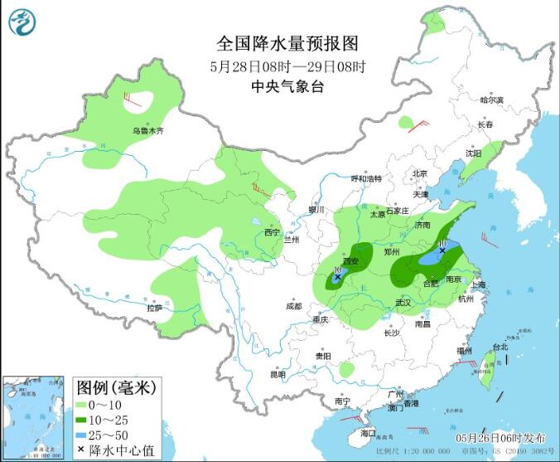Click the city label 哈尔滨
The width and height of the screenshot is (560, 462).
491,100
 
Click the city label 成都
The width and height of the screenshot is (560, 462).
293,305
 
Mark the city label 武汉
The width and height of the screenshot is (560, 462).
403,303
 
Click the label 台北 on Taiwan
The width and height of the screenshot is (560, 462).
500,347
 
